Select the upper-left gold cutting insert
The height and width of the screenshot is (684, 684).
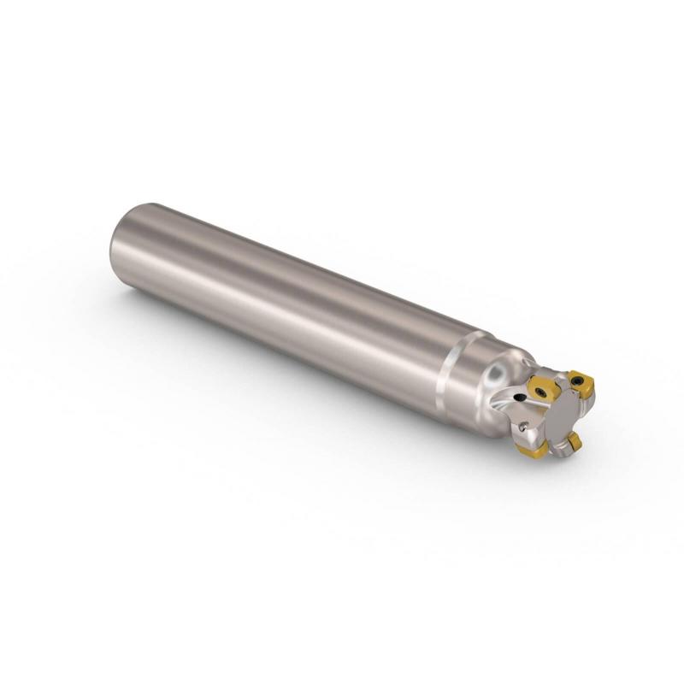point(545,386)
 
